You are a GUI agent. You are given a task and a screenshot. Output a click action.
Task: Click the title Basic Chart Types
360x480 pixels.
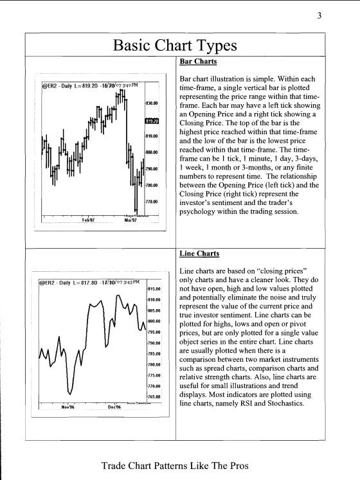(175, 45)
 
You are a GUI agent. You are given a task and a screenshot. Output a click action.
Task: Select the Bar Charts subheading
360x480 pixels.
(198, 62)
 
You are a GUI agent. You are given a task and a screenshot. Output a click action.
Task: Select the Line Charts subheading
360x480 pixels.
(199, 254)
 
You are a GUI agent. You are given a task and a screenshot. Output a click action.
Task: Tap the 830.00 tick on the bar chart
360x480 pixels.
(152, 103)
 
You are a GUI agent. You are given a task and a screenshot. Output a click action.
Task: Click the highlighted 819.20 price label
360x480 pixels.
(152, 120)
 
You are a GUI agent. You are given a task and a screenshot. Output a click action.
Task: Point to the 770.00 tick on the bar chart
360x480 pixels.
(152, 202)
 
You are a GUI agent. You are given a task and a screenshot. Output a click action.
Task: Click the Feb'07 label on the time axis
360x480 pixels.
(88, 220)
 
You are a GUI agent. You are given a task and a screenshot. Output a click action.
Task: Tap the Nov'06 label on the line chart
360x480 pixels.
(68, 407)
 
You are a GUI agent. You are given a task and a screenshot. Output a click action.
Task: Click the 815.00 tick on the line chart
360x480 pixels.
(153, 289)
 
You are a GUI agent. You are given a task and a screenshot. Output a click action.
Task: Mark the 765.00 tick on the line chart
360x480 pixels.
(153, 396)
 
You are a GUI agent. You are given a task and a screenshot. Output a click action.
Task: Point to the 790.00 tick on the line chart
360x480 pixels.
(153, 343)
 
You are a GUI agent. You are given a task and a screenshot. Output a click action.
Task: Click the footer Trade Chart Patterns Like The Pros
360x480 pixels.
(175, 465)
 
